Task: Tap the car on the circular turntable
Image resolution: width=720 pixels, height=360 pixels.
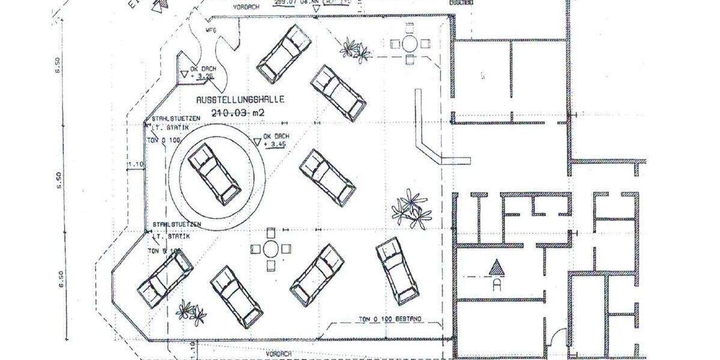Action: [x=214, y=174]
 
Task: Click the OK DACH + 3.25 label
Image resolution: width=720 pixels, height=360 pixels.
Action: [x=203, y=73]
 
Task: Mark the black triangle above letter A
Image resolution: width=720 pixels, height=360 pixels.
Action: [x=496, y=266]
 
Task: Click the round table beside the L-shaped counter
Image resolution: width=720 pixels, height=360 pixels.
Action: [x=410, y=43]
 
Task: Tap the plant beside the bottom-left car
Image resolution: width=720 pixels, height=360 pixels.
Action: [x=191, y=311]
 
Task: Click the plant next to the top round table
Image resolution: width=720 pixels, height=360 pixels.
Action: [x=355, y=49]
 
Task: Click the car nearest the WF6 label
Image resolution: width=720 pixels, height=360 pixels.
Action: [x=283, y=53]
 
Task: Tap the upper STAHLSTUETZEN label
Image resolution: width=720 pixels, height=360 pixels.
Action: [x=167, y=118]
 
